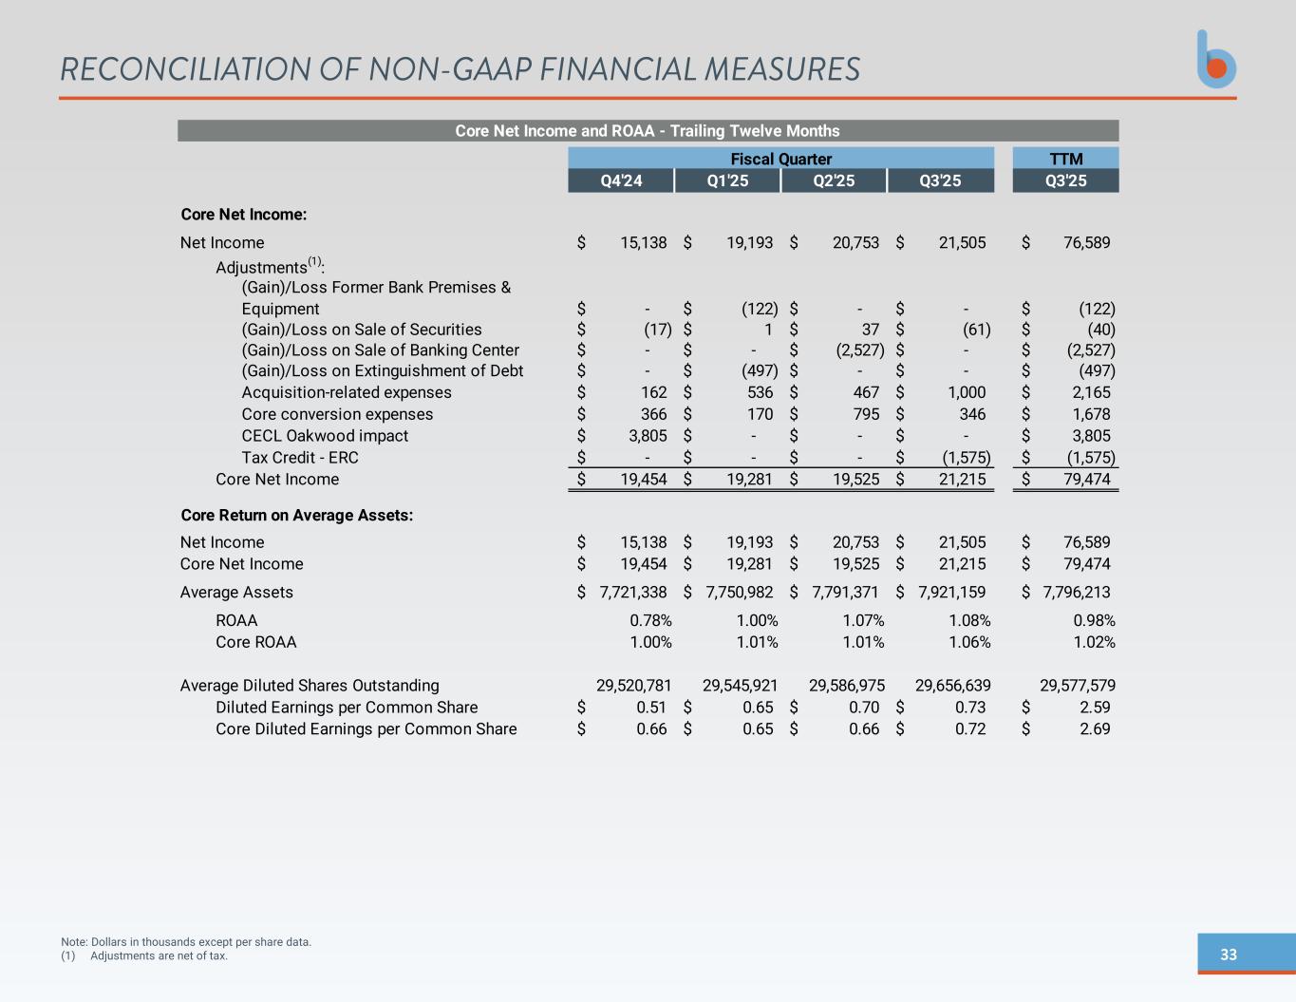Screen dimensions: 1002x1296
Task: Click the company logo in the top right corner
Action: click(1216, 60)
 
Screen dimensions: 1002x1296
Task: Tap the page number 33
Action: click(1229, 955)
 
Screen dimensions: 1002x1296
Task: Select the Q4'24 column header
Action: click(621, 180)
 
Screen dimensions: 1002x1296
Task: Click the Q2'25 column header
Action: click(834, 180)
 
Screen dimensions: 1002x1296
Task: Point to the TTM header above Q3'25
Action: click(1065, 159)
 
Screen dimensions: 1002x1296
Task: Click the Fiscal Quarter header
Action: click(780, 159)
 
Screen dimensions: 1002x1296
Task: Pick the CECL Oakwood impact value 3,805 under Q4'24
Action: click(646, 436)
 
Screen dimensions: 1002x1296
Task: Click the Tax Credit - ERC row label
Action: click(300, 458)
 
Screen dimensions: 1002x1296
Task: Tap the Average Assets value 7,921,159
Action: click(952, 593)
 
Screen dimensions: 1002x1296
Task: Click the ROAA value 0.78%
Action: click(650, 620)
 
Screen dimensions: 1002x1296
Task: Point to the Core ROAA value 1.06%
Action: click(969, 642)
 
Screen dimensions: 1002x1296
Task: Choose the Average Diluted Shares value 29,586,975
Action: click(846, 686)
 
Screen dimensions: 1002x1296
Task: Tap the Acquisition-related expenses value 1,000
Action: click(966, 392)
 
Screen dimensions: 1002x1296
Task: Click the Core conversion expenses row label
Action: click(337, 414)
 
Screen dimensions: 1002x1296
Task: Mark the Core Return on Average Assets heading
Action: click(296, 516)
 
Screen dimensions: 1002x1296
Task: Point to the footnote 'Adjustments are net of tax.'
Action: click(159, 955)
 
